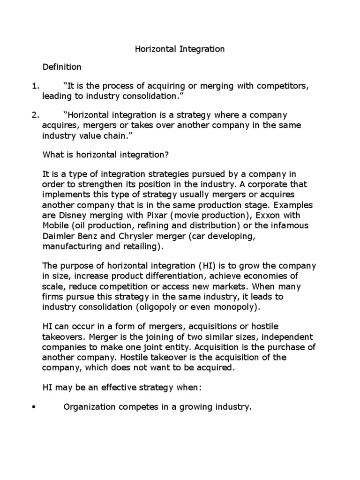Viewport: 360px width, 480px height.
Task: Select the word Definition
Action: tap(62, 67)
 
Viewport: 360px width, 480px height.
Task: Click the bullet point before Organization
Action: tap(33, 408)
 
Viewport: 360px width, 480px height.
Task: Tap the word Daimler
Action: tap(59, 236)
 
